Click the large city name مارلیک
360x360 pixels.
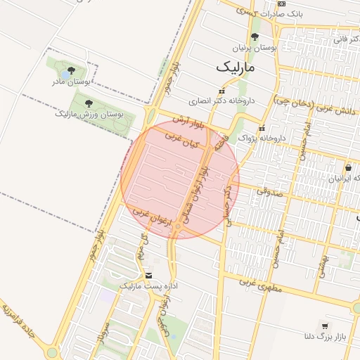pos(236,67)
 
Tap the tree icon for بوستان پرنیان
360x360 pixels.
pos(255,37)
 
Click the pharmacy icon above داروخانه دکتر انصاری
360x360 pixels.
pos(222,91)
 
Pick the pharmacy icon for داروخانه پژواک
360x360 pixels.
pos(262,129)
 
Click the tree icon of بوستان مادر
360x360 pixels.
pos(71,70)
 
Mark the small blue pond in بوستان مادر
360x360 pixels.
pos(65,73)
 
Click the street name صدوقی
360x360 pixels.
pos(268,190)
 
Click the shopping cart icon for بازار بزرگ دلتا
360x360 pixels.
pos(324,326)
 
